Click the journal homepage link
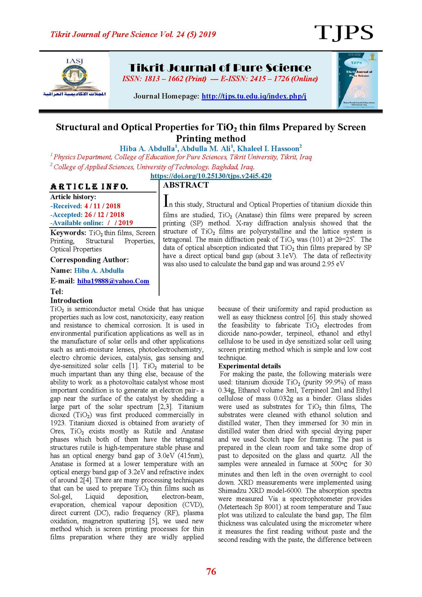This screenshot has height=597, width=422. coord(254,96)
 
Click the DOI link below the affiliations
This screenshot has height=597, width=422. coord(211,176)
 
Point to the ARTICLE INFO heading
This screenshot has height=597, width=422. coord(89,187)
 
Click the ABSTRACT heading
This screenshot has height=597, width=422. coord(186,185)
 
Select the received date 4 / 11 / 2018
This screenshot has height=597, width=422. coord(102,206)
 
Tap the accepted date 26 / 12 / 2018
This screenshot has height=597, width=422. coord(104,214)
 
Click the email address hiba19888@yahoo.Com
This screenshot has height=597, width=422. coord(113,281)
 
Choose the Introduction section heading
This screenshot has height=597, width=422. coord(71,300)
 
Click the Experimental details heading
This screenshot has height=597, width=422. coord(249,366)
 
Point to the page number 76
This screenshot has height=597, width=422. coord(211,572)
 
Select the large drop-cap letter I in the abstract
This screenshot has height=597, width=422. coord(166,201)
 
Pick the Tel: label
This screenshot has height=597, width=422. coord(57,292)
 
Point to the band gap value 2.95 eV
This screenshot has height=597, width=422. coord(333,264)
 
